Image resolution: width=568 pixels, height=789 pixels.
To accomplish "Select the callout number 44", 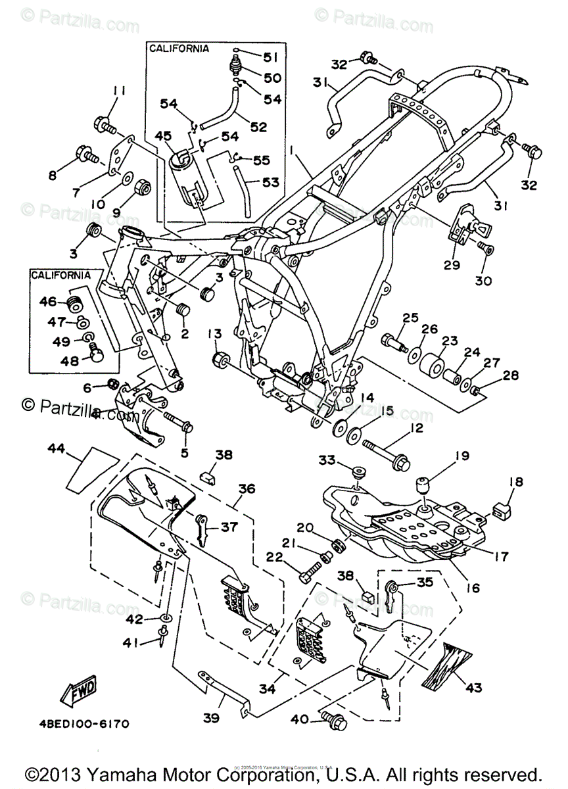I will pyautogui.click(x=57, y=449).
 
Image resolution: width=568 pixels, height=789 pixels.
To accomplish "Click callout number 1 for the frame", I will pyautogui.click(x=289, y=151).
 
